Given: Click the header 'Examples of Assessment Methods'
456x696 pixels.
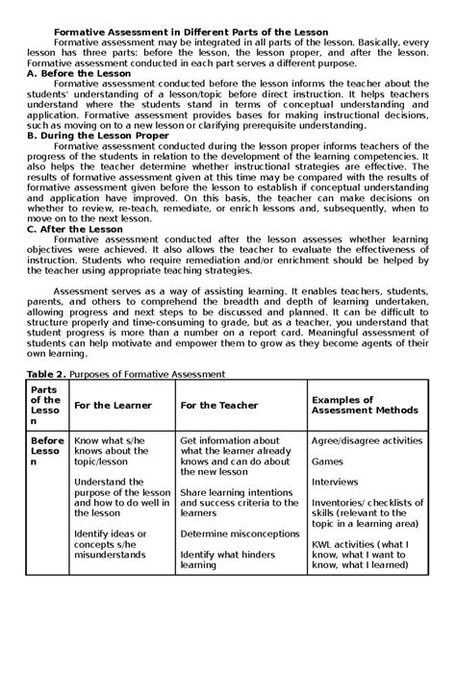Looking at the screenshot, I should coord(364,405).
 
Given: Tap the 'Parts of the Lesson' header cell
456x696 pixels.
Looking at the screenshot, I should coord(45,405).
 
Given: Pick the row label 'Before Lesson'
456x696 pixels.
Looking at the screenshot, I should coord(46,451).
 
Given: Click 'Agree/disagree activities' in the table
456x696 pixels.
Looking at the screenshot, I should coord(366,440).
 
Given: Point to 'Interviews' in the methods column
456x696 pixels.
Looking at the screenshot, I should coord(334,482).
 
